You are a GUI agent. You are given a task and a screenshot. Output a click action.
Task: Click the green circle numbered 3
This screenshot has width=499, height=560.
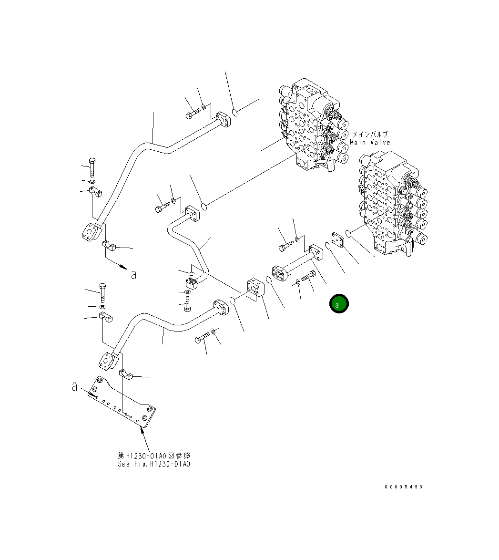(338, 304)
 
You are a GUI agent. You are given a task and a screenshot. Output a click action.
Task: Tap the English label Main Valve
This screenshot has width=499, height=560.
(370, 142)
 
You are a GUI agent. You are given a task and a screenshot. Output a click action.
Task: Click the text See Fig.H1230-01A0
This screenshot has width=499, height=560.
(153, 464)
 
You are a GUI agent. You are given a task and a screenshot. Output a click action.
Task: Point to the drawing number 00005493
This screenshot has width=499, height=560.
(404, 487)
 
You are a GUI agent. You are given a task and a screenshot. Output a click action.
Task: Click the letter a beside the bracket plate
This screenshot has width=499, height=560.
(75, 387)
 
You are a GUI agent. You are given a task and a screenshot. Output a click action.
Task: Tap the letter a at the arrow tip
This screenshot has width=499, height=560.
(134, 274)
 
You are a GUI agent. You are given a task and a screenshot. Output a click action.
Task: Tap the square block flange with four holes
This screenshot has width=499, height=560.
(256, 290)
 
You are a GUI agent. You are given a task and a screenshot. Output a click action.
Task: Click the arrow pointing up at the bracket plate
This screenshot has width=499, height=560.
(143, 432)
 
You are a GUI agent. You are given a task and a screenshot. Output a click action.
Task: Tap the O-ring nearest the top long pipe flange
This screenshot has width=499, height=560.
(235, 113)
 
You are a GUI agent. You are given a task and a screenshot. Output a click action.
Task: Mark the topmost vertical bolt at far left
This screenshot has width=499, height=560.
(92, 166)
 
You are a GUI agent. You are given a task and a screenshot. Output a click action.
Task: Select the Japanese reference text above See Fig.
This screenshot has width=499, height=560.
(153, 456)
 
